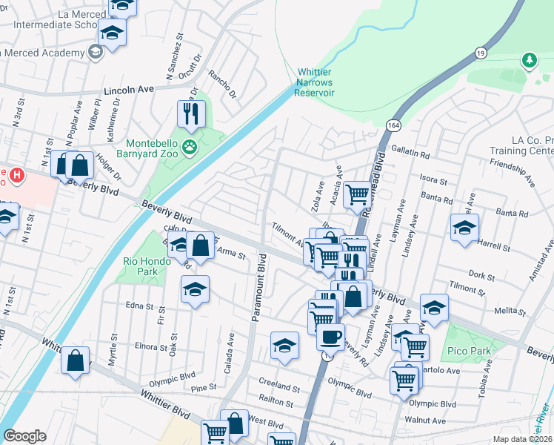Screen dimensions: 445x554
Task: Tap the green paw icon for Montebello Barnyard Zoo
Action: click(191, 147)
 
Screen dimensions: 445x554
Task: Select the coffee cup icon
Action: click(330, 336)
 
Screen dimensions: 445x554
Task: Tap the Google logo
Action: click(25, 435)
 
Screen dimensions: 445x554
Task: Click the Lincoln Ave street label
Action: click(130, 89)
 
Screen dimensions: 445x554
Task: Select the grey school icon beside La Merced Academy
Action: click(95, 52)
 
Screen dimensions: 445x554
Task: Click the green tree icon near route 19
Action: click(529, 59)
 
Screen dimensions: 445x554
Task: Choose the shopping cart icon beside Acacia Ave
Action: click(358, 193)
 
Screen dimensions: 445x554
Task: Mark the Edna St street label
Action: click(139, 306)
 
